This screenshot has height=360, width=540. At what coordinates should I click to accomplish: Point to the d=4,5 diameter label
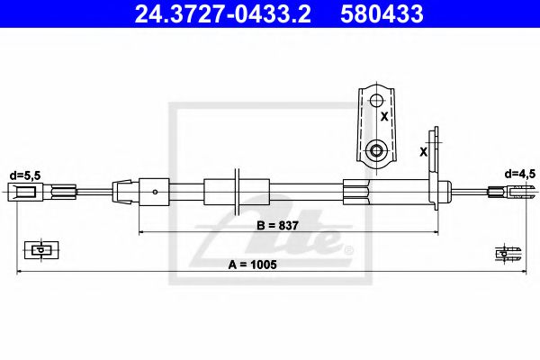pyautogui.click(x=519, y=173)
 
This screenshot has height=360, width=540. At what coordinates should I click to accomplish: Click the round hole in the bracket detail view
pyautogui.click(x=376, y=149)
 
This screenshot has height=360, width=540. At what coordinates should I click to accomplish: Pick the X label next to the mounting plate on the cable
pyautogui.click(x=423, y=152)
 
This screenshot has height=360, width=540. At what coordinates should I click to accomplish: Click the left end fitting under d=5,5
pyautogui.click(x=25, y=191)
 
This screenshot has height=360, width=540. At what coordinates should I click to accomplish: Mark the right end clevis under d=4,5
pyautogui.click(x=508, y=191)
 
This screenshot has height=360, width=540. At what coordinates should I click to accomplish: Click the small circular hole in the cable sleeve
pyautogui.click(x=156, y=191)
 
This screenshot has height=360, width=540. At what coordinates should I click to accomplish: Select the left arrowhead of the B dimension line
pyautogui.click(x=141, y=232)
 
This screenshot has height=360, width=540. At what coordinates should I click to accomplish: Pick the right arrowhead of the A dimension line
pyautogui.click(x=519, y=271)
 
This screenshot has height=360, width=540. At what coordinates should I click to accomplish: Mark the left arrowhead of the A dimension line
pyautogui.click(x=21, y=271)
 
